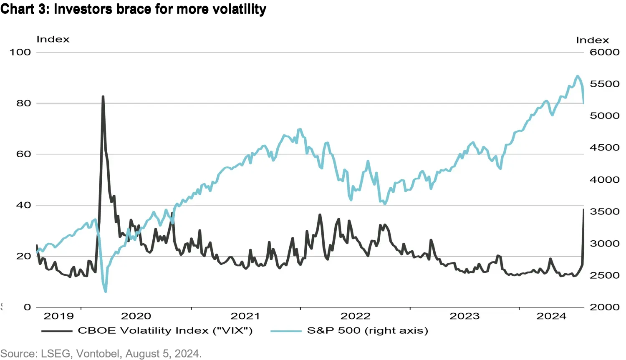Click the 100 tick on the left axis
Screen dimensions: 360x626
click(20, 52)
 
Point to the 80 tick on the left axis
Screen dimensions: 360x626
click(24, 103)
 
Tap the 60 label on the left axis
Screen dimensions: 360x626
click(24, 154)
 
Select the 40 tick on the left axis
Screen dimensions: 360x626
click(24, 205)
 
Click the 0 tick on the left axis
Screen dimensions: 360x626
click(28, 307)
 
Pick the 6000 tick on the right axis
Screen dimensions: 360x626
click(604, 52)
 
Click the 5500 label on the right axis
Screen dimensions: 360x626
click(604, 84)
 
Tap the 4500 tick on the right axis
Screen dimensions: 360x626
click(604, 148)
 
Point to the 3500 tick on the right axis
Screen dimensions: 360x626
click(604, 211)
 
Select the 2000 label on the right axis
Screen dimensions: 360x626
click(604, 307)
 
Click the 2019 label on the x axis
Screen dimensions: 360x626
click(58, 316)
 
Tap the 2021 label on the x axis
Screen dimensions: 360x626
click(245, 316)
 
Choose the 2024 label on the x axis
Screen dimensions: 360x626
click(551, 316)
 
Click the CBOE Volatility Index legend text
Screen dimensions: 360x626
click(165, 331)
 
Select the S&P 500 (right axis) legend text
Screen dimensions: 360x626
click(368, 331)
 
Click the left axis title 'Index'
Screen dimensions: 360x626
click(53, 39)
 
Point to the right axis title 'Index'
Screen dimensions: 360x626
click(592, 40)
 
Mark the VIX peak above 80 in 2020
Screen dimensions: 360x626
click(103, 97)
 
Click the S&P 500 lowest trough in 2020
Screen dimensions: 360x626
click(106, 292)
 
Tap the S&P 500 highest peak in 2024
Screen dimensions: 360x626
click(578, 76)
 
